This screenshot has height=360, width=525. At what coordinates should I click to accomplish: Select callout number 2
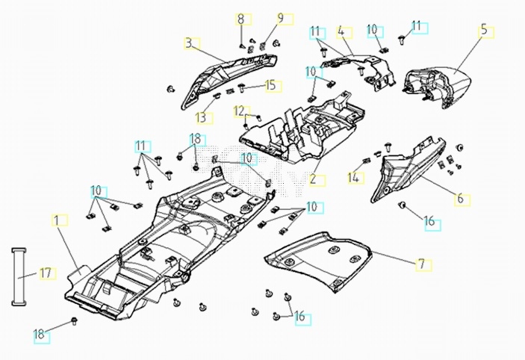313,179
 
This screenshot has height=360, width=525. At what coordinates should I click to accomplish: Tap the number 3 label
190,43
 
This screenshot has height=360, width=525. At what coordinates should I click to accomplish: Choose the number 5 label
483,31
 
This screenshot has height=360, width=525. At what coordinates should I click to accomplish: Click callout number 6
460,199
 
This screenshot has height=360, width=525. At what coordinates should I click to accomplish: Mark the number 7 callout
420,264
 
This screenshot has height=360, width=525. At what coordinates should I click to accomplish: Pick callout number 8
240,19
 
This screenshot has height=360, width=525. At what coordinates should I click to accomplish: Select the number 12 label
238,111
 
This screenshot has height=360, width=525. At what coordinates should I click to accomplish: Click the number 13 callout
201,117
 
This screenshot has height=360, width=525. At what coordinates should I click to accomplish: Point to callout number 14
354,178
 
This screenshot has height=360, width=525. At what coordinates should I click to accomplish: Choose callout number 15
270,85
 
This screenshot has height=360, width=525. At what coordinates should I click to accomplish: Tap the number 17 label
45,273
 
